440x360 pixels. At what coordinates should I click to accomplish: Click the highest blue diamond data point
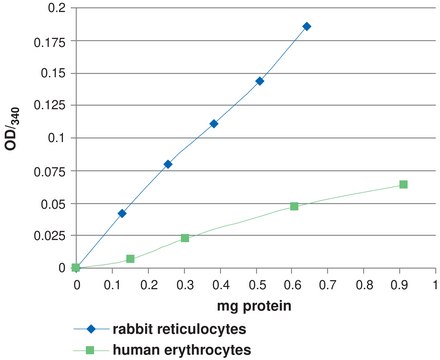pos(306,26)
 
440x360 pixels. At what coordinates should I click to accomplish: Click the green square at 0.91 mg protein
pos(403,184)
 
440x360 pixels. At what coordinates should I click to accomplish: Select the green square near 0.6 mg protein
pos(294,206)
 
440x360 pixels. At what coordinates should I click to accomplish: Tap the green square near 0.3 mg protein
pos(185,238)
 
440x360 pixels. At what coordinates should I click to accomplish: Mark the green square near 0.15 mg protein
pos(130,259)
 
